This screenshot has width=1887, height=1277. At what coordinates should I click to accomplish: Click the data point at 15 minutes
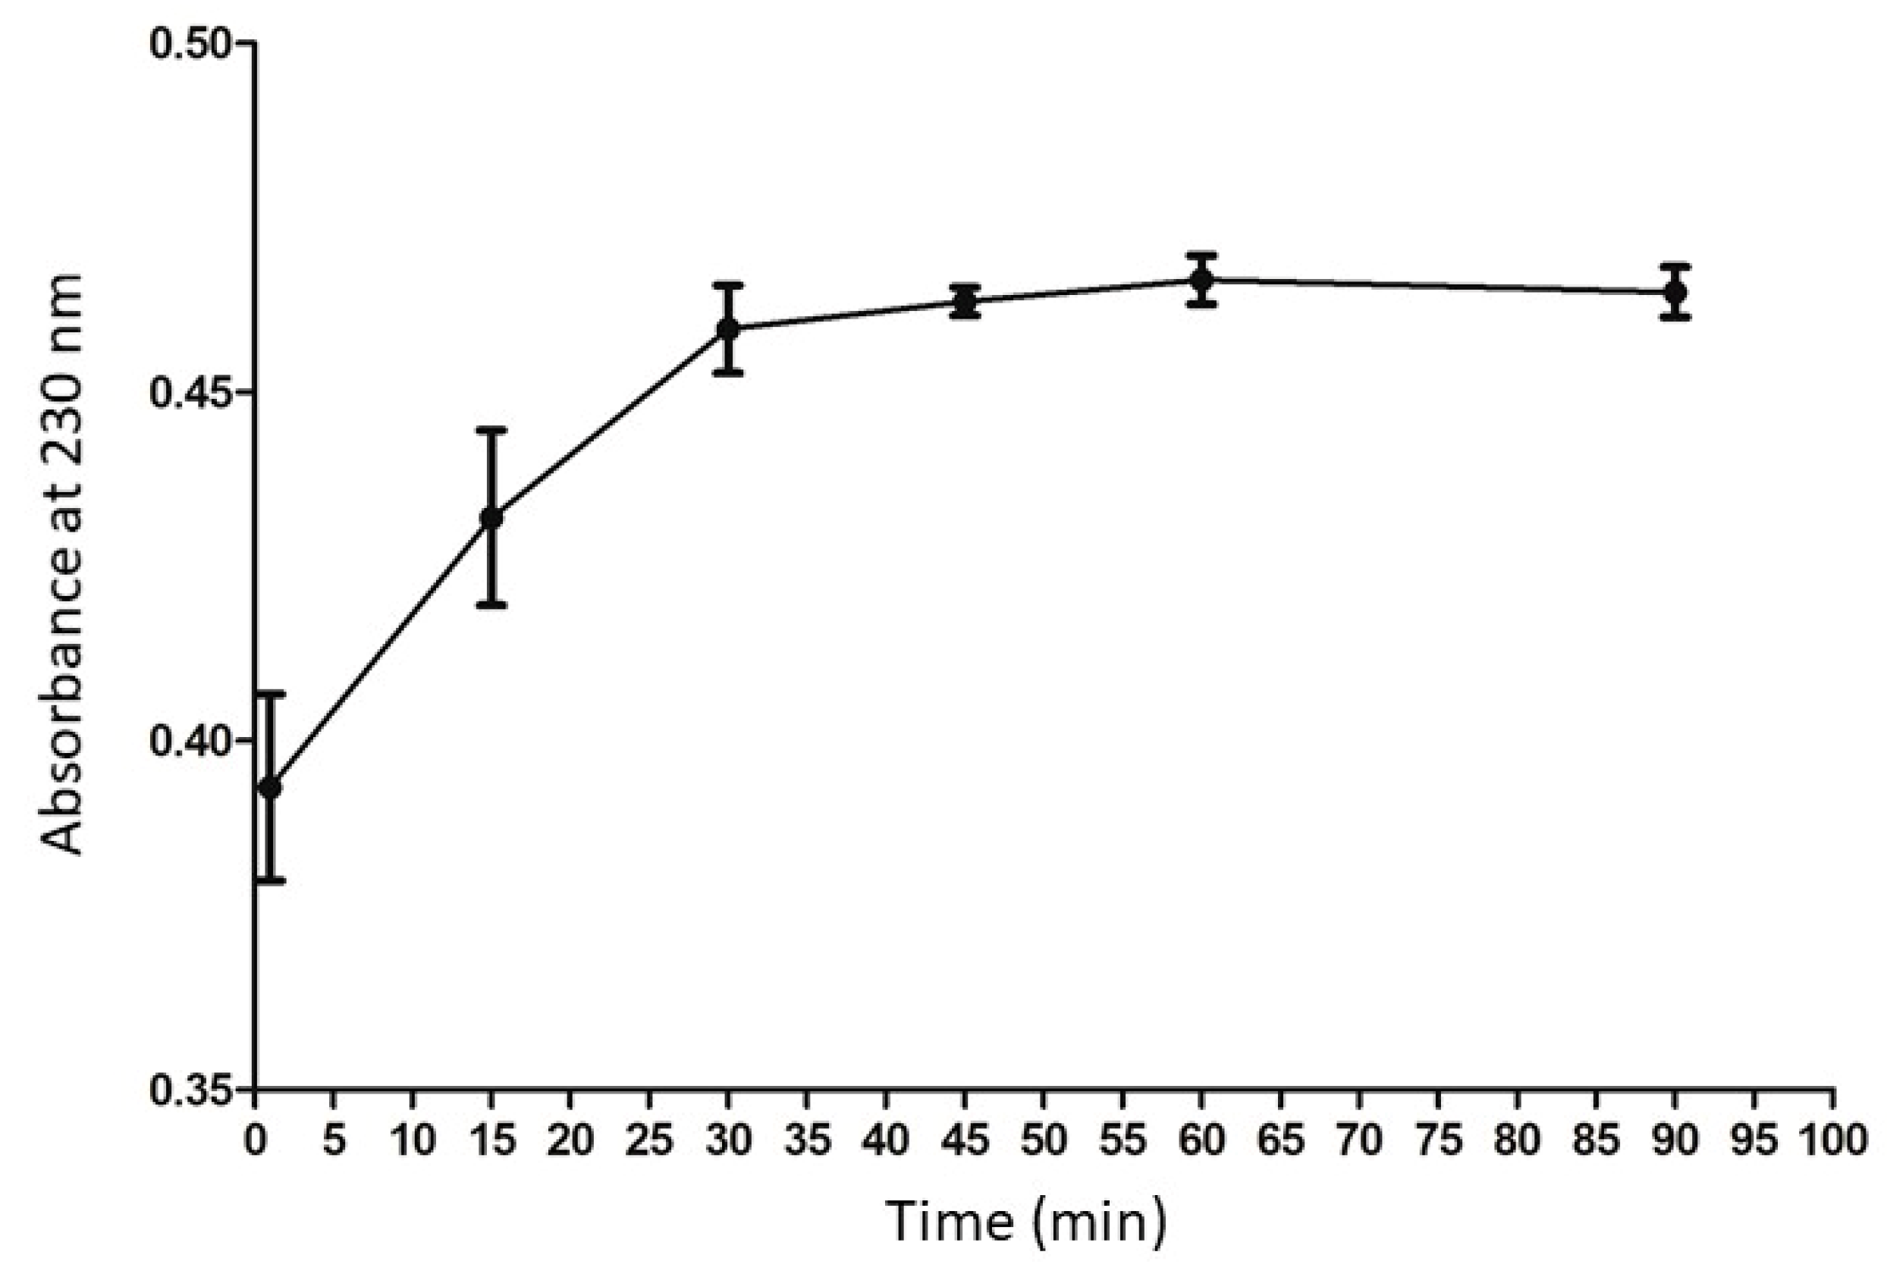[x=491, y=517]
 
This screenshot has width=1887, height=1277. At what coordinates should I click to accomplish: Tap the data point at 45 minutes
[x=965, y=302]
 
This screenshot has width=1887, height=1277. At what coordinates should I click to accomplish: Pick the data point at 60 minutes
[x=1201, y=280]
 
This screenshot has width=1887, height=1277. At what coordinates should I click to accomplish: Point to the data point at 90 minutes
[x=1675, y=291]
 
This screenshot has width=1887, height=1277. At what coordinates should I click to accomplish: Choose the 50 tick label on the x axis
[x=1044, y=1141]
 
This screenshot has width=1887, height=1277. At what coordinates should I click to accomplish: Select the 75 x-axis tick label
[x=1438, y=1141]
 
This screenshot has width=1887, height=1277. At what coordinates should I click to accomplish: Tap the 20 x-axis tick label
[x=570, y=1141]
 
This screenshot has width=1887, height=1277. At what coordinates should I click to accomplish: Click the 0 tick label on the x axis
[x=256, y=1141]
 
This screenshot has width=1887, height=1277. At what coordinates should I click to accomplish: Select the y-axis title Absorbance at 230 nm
[x=64, y=564]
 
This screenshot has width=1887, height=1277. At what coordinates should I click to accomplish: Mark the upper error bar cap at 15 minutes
[x=491, y=429]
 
